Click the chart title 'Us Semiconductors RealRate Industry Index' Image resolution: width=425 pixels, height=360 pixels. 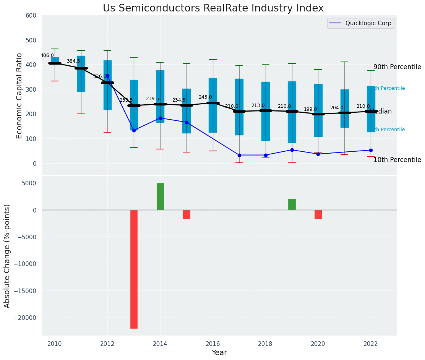[x=213, y=8]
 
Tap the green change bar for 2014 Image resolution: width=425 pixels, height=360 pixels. [x=160, y=196]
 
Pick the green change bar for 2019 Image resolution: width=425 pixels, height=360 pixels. [x=292, y=204]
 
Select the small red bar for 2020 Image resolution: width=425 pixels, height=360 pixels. [x=318, y=214]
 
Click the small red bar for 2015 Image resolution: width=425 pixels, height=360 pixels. [x=187, y=214]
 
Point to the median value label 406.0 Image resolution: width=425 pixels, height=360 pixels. [x=47, y=55]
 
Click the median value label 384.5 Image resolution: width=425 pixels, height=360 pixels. [x=73, y=61]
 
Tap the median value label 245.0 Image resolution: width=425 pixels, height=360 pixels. [x=205, y=97]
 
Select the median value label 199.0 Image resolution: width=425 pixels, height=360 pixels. [x=310, y=109]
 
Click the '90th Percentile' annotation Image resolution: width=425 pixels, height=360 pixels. [x=397, y=67]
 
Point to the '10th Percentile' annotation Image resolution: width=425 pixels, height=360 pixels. [x=397, y=160]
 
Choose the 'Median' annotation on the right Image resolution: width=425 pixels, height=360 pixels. [x=381, y=112]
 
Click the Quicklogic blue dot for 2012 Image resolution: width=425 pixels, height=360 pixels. [x=107, y=76]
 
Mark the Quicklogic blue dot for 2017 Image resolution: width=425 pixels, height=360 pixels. [x=239, y=155]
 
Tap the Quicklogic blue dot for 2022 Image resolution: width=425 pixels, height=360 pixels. [x=371, y=150]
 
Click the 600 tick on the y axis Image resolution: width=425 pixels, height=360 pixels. [x=31, y=16]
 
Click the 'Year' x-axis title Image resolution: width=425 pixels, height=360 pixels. [x=219, y=353]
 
